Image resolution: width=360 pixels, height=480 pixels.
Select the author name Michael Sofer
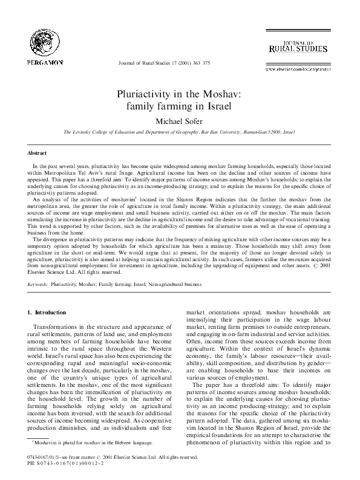(179, 121)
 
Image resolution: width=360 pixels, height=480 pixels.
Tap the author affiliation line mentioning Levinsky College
(179, 131)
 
